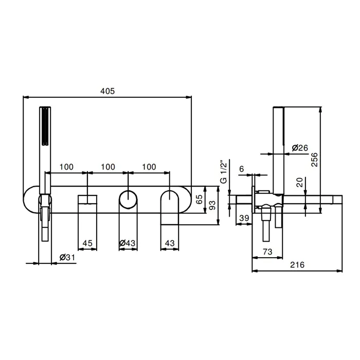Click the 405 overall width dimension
(107, 91)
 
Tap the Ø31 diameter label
(67, 257)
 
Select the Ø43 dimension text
(128, 243)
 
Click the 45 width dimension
(87, 243)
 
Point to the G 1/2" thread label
(223, 172)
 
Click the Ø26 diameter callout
(300, 148)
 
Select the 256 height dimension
(314, 159)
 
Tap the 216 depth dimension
(297, 265)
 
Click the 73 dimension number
(267, 251)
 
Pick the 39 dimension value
(244, 218)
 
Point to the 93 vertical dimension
(212, 205)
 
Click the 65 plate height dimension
(200, 199)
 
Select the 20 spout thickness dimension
(300, 182)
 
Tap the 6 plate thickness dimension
(242, 169)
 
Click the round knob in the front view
(128, 200)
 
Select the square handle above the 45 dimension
(87, 200)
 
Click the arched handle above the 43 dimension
(169, 207)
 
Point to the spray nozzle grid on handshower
(45, 126)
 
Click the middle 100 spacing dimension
(108, 167)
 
